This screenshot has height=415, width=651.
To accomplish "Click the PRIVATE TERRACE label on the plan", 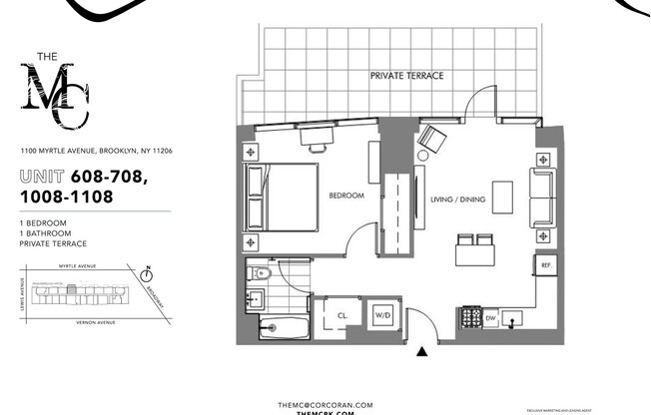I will [x=406, y=76].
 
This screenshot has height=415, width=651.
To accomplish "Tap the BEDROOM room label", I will [x=346, y=197].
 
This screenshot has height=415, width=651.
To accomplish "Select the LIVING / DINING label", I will [x=457, y=200].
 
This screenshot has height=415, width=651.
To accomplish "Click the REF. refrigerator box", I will [x=546, y=266].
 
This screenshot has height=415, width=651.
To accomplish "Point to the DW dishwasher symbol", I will [x=491, y=318].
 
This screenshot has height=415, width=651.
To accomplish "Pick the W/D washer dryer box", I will [x=382, y=315].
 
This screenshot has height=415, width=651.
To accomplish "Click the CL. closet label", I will [x=341, y=315].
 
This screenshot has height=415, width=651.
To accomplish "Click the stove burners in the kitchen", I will [x=468, y=318].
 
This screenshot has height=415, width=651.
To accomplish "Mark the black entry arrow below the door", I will [x=422, y=351].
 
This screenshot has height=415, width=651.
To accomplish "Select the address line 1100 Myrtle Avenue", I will [x=97, y=151].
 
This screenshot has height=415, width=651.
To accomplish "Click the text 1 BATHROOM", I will [x=46, y=232].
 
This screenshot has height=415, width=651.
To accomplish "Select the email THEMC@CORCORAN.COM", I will [x=325, y=404].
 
